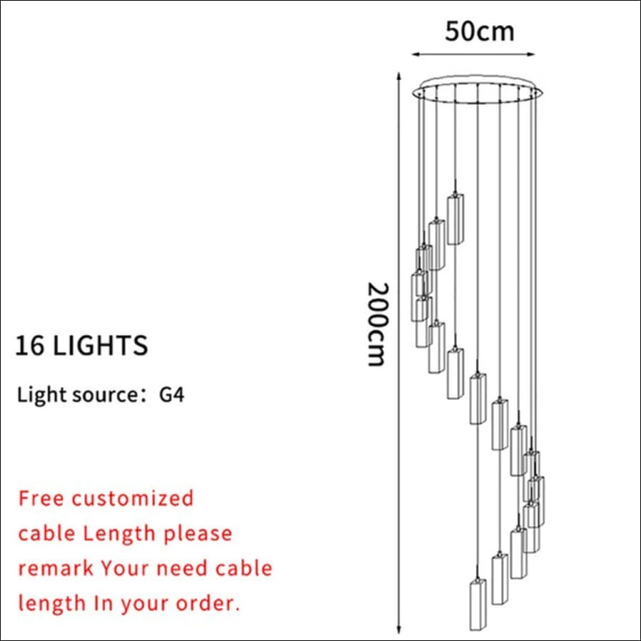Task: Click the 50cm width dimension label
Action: (479, 31)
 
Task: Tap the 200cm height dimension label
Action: (377, 324)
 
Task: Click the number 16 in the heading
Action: (29, 345)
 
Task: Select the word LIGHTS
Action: (100, 345)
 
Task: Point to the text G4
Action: (171, 395)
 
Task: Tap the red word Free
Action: (41, 499)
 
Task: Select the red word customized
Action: (132, 499)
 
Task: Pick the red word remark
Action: (56, 568)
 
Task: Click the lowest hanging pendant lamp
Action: (477, 604)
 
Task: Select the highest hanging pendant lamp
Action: (455, 219)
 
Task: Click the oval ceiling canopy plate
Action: (478, 89)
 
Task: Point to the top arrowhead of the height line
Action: (399, 76)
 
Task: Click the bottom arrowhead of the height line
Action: (399, 630)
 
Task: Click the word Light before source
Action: (41, 395)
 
